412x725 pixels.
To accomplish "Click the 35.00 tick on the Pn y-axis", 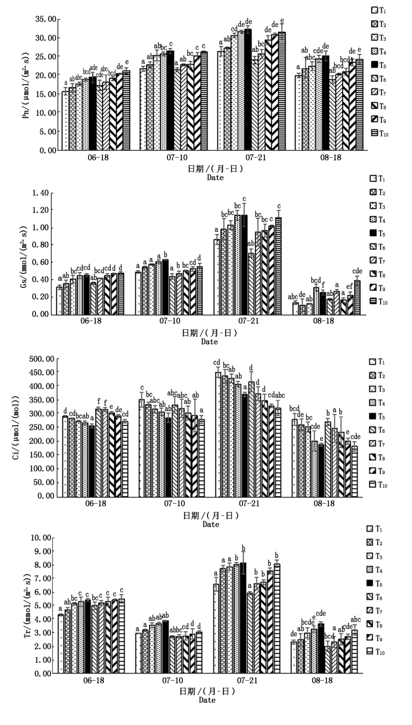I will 44,19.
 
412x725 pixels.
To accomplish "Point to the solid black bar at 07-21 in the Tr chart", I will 243,618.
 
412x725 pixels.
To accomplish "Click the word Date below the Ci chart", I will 211,525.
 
